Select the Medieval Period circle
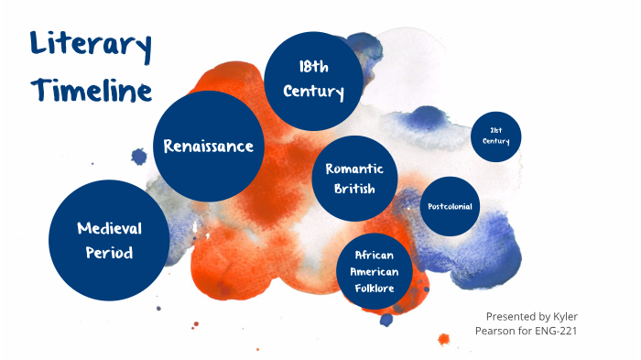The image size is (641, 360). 110,239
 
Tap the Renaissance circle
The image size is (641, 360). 208,146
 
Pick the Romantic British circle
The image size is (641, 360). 353,179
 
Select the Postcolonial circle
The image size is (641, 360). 450,206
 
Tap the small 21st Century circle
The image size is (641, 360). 495,136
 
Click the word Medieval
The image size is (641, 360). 110,227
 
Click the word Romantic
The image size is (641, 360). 353,169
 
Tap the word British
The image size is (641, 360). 353,190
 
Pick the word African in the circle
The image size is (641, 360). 373,256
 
